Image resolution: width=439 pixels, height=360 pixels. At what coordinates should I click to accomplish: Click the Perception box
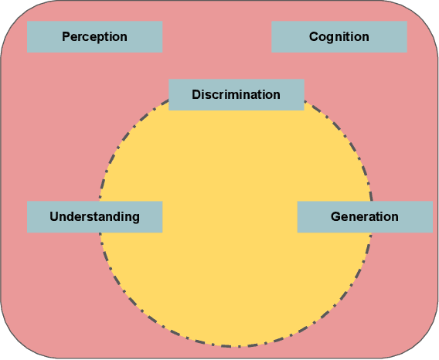click(94, 36)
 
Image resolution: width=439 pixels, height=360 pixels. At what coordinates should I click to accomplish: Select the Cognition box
click(339, 36)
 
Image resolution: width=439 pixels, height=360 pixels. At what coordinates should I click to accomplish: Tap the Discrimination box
click(236, 95)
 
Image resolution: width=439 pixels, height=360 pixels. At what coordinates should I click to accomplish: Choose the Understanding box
click(94, 216)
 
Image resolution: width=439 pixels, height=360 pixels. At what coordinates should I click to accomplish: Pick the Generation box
click(365, 216)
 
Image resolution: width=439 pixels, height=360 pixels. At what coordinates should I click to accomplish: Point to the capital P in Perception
click(66, 36)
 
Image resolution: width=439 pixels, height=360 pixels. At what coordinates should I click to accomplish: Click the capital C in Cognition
click(314, 36)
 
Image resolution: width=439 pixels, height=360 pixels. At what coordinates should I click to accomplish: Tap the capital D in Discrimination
click(196, 95)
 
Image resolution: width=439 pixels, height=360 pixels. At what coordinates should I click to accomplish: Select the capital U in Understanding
click(54, 216)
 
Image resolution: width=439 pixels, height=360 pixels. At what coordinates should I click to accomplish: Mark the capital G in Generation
click(335, 216)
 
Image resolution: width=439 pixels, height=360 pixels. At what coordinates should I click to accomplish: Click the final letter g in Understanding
click(136, 217)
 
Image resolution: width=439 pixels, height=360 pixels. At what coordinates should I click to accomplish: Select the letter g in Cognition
click(332, 38)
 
